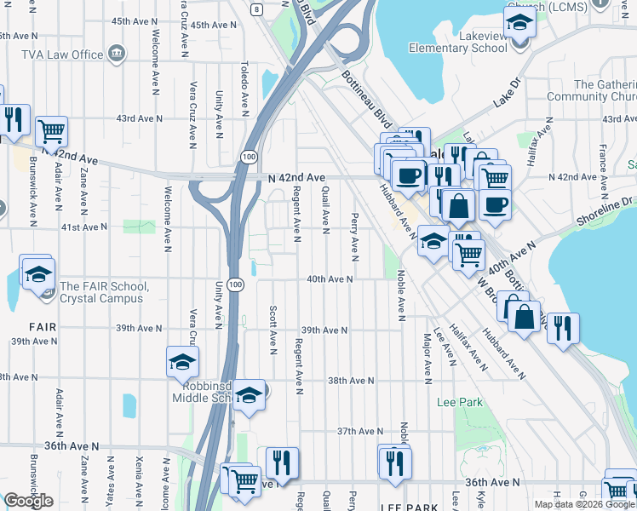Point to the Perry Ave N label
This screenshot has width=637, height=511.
point(353,236)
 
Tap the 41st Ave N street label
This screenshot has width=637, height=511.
point(83,227)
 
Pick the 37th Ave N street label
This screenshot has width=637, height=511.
point(357,432)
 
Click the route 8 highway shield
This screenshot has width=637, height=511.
point(256,9)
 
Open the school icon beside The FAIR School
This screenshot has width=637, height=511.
point(37,274)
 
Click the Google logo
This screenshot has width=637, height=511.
point(28,501)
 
